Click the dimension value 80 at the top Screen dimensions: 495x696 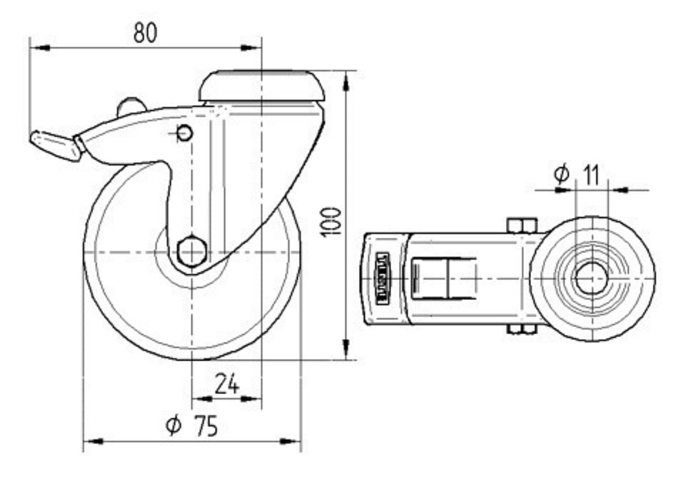click(x=145, y=33)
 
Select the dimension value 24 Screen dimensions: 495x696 click(x=226, y=384)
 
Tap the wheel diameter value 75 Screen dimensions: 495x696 click(x=205, y=425)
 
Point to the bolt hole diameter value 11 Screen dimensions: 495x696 click(x=591, y=175)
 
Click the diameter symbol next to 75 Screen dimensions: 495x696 click(x=173, y=425)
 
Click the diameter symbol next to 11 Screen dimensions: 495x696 click(x=561, y=174)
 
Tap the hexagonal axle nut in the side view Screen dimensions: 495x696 click(x=191, y=251)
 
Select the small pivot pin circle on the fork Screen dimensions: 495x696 click(x=184, y=132)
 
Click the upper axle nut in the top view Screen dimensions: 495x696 click(x=521, y=225)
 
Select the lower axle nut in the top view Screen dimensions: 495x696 click(x=521, y=329)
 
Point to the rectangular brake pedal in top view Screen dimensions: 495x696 click(x=444, y=278)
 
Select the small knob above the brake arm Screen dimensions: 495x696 click(x=130, y=107)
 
